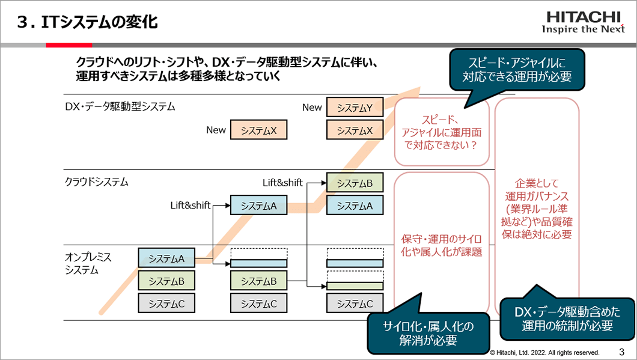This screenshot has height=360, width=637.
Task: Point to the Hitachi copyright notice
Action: [x=544, y=352]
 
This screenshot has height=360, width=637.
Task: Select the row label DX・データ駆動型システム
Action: [x=120, y=106]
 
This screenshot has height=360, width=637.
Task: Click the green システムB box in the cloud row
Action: [x=354, y=183]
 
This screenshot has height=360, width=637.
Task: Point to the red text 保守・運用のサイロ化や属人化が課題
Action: [x=442, y=245]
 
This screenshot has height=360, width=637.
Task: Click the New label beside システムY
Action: [x=312, y=108]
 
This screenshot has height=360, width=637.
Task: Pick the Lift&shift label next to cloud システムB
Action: [x=282, y=183]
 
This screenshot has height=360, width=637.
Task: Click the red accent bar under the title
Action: [x=69, y=44]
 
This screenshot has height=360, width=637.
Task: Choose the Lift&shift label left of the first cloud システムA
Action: [x=190, y=206]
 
